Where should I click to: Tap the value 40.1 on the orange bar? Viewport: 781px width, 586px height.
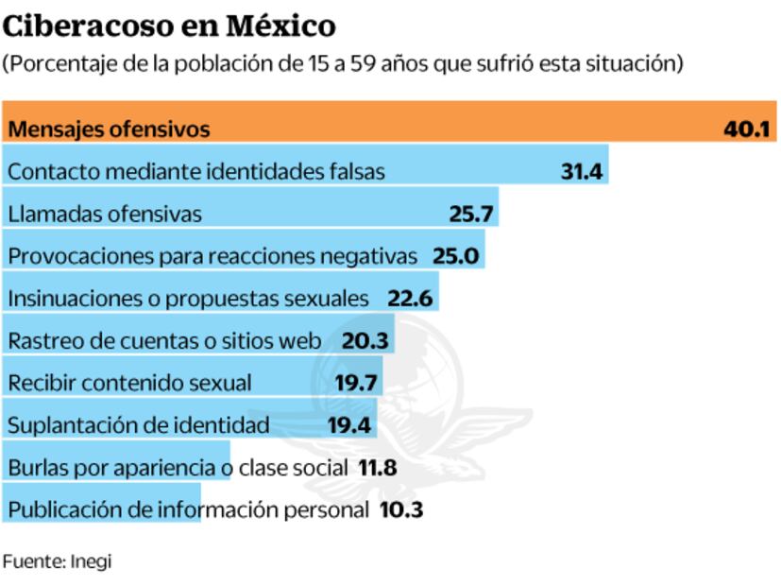(747, 129)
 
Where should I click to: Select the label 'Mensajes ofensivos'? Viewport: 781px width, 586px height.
(109, 129)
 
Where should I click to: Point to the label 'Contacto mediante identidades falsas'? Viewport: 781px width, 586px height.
(196, 172)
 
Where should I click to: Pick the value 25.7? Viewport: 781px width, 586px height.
(471, 215)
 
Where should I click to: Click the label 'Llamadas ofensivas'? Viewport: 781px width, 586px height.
(105, 215)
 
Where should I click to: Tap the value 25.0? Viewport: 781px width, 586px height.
(456, 256)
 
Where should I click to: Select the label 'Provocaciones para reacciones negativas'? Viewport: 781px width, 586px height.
(212, 256)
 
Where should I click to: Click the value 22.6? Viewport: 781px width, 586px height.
(410, 299)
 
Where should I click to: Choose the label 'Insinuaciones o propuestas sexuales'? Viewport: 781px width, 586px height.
(188, 299)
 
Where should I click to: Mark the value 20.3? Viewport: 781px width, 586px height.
(365, 341)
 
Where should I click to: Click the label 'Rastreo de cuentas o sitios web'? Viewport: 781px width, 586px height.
(165, 341)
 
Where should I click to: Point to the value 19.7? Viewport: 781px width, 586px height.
(356, 383)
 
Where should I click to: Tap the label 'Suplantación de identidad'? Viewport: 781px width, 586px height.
(139, 425)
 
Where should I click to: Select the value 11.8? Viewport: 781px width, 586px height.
(377, 468)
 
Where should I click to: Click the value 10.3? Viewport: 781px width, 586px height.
(401, 510)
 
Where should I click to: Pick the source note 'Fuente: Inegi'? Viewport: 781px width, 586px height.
(57, 560)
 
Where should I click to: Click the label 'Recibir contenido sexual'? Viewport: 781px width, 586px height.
(129, 383)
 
